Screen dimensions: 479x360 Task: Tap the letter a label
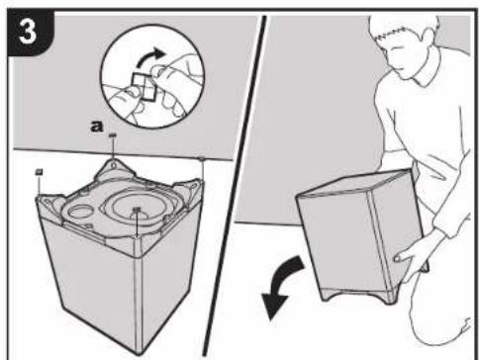click(x=96, y=127)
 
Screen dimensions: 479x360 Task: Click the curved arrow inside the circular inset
click(x=150, y=57)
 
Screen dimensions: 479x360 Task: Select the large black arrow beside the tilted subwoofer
click(x=281, y=286)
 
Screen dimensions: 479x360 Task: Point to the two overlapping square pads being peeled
click(x=144, y=86)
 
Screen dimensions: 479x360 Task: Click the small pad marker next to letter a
click(x=113, y=135)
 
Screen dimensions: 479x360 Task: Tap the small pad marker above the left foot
click(x=40, y=171)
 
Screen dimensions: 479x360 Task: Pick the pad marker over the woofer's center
click(x=137, y=209)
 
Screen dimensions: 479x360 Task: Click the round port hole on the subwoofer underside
click(x=81, y=212)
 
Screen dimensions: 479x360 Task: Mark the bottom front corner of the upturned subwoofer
click(x=139, y=353)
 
